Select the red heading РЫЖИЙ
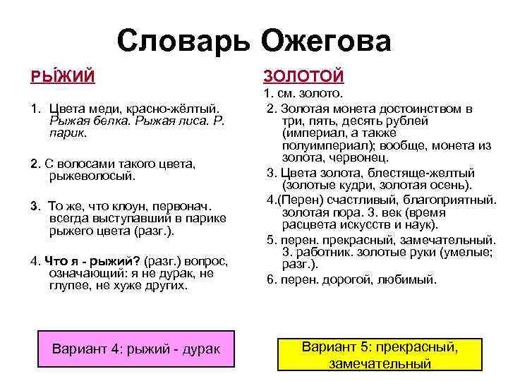(61, 75)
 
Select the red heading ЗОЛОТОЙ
(303, 75)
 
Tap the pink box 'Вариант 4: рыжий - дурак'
(136, 349)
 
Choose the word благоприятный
(453, 200)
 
